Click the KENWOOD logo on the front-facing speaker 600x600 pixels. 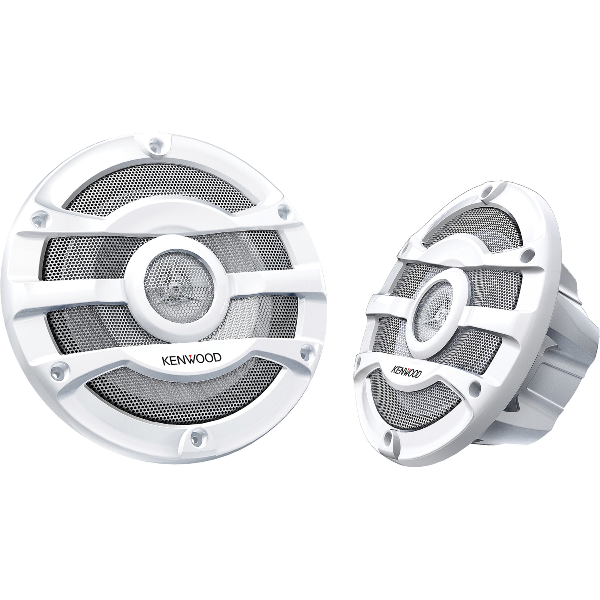(x=191, y=358)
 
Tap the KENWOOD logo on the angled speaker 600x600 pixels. (x=406, y=371)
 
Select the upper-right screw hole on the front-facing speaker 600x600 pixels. (x=284, y=210)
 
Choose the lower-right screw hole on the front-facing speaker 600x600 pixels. (x=307, y=351)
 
